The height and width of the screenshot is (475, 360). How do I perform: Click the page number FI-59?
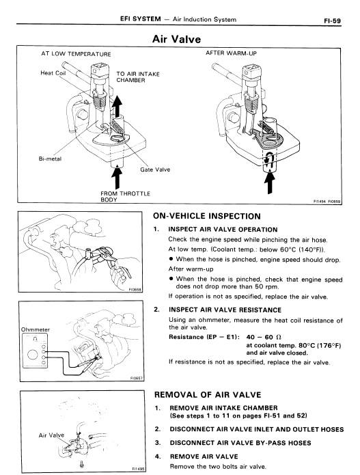pyautogui.click(x=332, y=21)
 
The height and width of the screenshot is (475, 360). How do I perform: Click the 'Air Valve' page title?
pyautogui.click(x=176, y=39)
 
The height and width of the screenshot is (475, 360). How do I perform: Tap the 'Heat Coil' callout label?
pyautogui.click(x=53, y=73)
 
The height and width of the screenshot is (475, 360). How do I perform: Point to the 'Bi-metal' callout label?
pyautogui.click(x=50, y=159)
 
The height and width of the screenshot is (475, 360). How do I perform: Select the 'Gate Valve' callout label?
pyautogui.click(x=155, y=169)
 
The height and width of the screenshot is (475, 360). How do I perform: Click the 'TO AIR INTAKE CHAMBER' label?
pyautogui.click(x=138, y=77)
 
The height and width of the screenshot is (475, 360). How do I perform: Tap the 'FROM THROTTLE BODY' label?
pyautogui.click(x=125, y=196)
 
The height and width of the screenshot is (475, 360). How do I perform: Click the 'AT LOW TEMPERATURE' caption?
pyautogui.click(x=76, y=54)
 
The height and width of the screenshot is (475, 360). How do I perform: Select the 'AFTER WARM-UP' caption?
pyautogui.click(x=231, y=53)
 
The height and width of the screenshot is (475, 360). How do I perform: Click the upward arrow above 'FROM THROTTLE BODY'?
pyautogui.click(x=117, y=177)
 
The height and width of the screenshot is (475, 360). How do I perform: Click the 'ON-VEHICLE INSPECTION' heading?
pyautogui.click(x=207, y=216)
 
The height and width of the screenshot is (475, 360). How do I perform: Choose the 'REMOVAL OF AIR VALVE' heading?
pyautogui.click(x=208, y=395)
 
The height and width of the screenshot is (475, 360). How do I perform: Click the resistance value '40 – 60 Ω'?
pyautogui.click(x=264, y=337)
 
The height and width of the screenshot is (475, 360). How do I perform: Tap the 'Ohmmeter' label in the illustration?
pyautogui.click(x=35, y=329)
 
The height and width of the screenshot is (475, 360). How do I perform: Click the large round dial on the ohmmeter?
pyautogui.click(x=33, y=355)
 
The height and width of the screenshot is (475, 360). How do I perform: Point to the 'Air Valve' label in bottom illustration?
pyautogui.click(x=51, y=435)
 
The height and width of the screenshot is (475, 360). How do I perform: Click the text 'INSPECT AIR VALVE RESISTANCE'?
pyautogui.click(x=225, y=310)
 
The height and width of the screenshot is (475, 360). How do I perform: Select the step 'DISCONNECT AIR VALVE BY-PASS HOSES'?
pyautogui.click(x=240, y=443)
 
